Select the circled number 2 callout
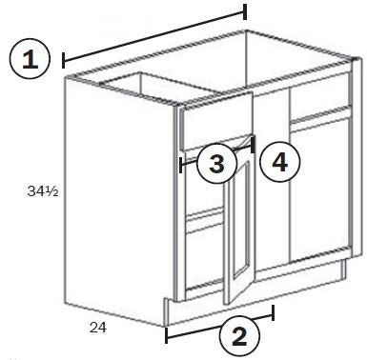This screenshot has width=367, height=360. pyautogui.click(x=239, y=336)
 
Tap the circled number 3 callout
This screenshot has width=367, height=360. pyautogui.click(x=217, y=164)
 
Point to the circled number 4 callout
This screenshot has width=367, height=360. pyautogui.click(x=279, y=162)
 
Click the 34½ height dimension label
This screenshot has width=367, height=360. pyautogui.click(x=43, y=190)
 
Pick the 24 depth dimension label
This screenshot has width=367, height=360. pyautogui.click(x=98, y=328)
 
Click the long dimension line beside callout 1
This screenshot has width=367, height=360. pyautogui.click(x=154, y=36)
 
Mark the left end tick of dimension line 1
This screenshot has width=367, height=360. pyautogui.click(x=64, y=60)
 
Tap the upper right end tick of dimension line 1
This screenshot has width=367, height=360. pyautogui.click(x=245, y=12)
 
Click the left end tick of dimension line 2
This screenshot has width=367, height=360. pyautogui.click(x=166, y=335)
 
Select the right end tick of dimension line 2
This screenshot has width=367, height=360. pyautogui.click(x=273, y=313)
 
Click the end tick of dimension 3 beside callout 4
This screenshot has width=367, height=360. pyautogui.click(x=253, y=145)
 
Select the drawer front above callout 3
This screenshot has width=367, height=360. pyautogui.click(x=217, y=121)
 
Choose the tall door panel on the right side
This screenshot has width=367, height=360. pyautogui.click(x=320, y=189)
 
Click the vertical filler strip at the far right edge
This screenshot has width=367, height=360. pyautogui.click(x=357, y=157)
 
